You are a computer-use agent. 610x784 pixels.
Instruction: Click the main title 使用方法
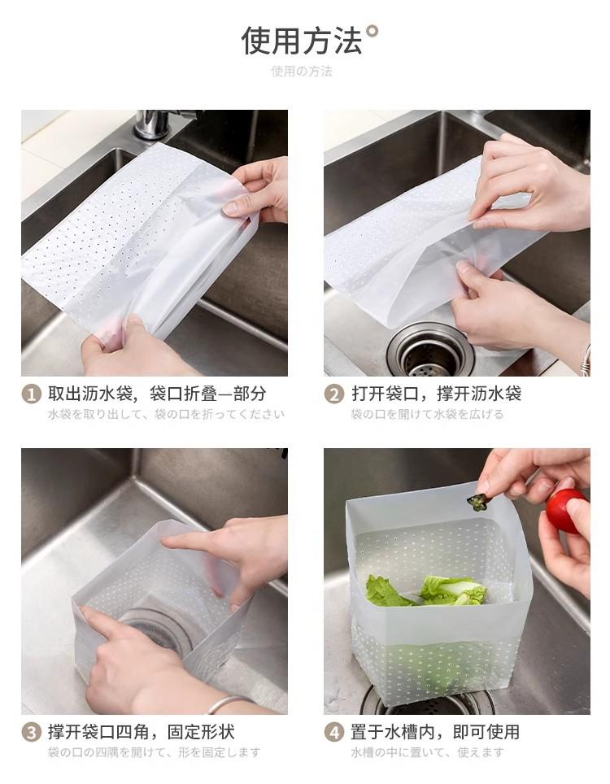point(302,41)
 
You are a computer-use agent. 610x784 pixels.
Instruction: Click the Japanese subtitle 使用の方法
point(302,72)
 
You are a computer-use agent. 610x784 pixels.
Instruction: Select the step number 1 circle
point(31,394)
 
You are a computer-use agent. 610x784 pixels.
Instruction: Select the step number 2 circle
point(334,394)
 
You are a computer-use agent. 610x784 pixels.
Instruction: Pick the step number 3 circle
point(31,733)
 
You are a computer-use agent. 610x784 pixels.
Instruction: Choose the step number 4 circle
point(334,733)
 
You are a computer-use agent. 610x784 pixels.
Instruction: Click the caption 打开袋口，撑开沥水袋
point(436,394)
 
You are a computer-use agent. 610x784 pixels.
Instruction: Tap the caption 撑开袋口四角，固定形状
point(142,732)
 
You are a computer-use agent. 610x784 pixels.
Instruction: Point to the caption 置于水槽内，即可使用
point(435,732)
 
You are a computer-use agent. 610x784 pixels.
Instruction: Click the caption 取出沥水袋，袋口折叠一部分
point(157,394)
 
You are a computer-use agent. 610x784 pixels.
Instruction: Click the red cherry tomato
point(566,511)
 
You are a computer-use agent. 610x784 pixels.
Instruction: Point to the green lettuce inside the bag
point(426,591)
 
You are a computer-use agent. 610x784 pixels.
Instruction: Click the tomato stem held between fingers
point(477,502)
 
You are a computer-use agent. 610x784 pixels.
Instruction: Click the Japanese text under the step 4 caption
point(428,752)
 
